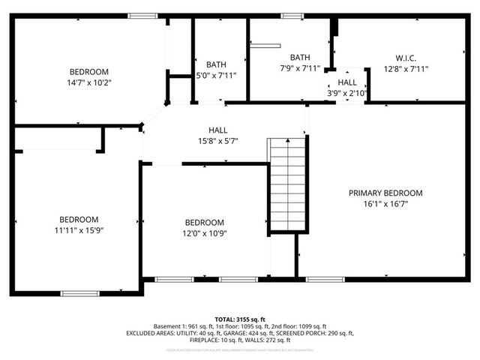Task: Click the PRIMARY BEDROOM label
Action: pos(385,193)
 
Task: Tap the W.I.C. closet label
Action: pos(406,58)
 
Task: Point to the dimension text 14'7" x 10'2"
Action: pos(89,82)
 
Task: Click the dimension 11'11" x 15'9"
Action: pos(79,230)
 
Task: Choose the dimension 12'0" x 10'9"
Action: pos(205,233)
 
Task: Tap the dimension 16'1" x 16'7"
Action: pos(385,203)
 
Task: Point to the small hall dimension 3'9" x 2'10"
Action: pos(347,93)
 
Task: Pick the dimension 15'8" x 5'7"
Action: pos(218,141)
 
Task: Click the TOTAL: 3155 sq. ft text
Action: pos(240,319)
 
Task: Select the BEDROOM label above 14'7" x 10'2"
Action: pos(89,72)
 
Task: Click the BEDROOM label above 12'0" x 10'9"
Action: pos(205,223)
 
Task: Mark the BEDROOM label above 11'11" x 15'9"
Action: pos(79,220)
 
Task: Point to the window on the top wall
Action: pos(142,16)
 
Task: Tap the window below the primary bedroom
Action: pos(320,280)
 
